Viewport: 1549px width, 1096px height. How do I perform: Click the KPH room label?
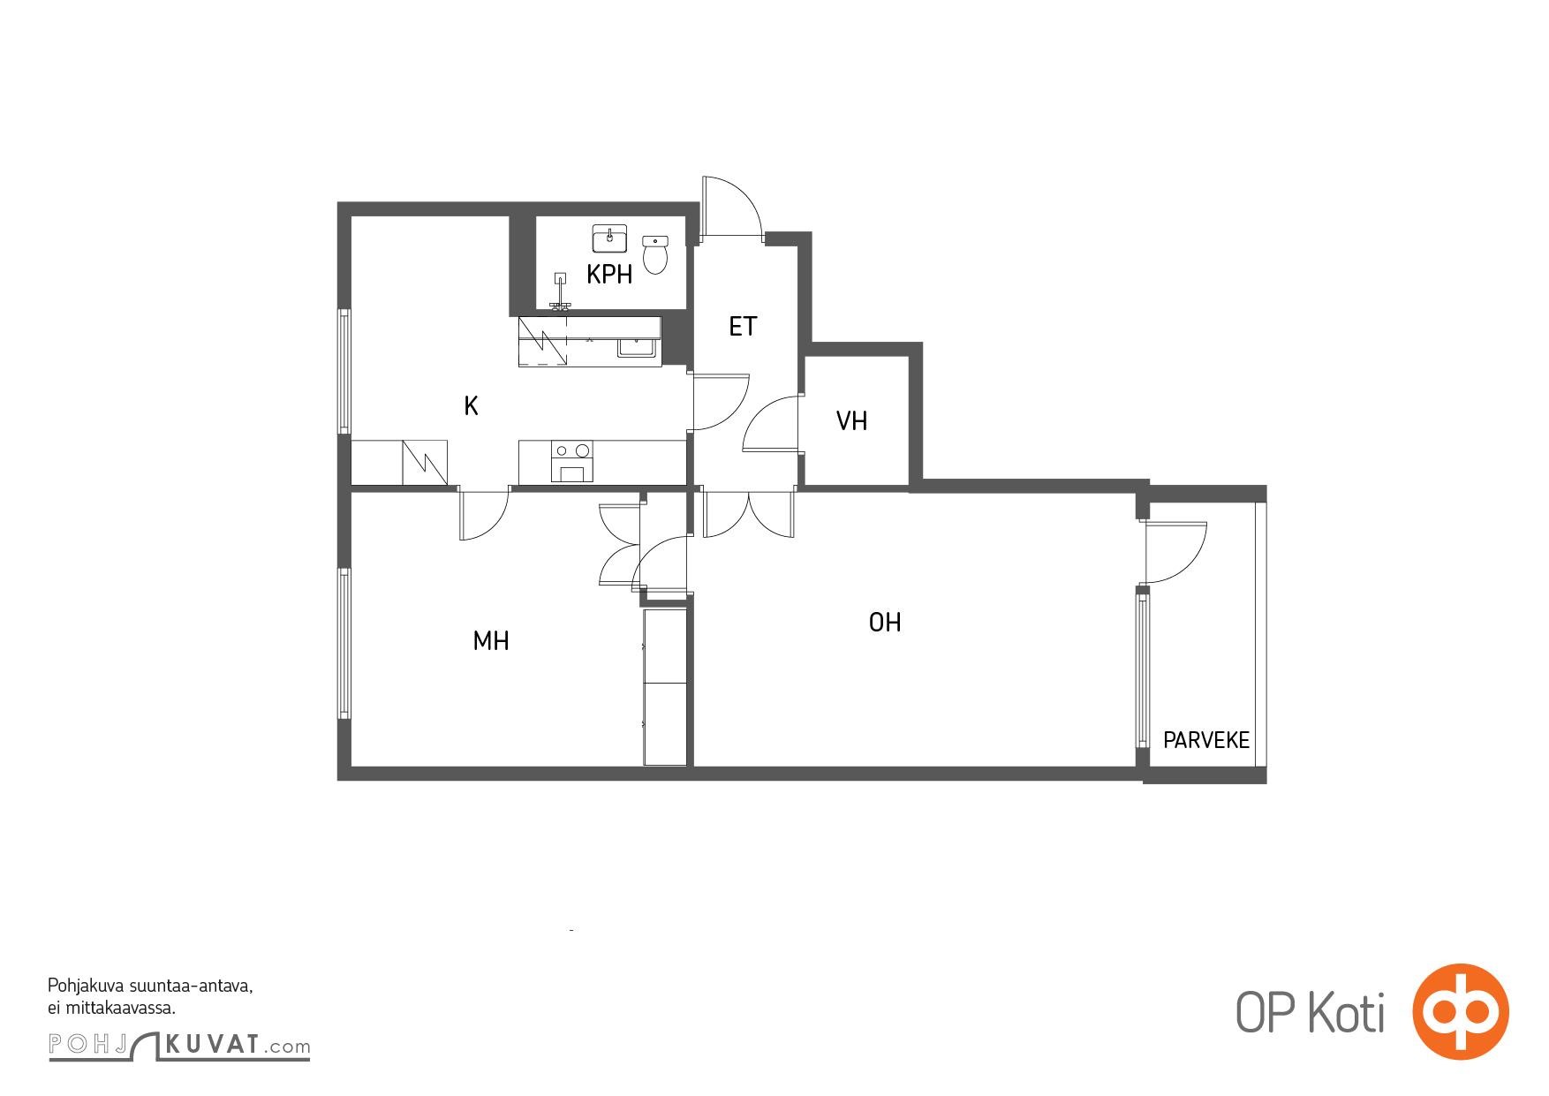[609, 275]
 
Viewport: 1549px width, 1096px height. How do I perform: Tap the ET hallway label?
[743, 327]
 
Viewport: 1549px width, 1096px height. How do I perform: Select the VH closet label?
[852, 421]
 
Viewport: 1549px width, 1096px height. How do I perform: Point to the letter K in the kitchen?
[472, 406]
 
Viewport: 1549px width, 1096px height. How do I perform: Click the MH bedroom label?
[491, 641]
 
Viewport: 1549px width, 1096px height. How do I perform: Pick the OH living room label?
[885, 623]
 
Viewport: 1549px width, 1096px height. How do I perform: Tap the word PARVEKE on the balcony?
[1206, 740]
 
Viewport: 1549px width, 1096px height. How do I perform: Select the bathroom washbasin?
[609, 238]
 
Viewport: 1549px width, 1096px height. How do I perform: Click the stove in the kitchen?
[571, 462]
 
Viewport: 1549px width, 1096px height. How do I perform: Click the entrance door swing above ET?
[731, 208]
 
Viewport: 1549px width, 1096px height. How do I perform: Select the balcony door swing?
[1174, 553]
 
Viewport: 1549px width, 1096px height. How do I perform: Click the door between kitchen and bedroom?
[484, 513]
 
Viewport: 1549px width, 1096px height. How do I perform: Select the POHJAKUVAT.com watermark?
[179, 1046]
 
